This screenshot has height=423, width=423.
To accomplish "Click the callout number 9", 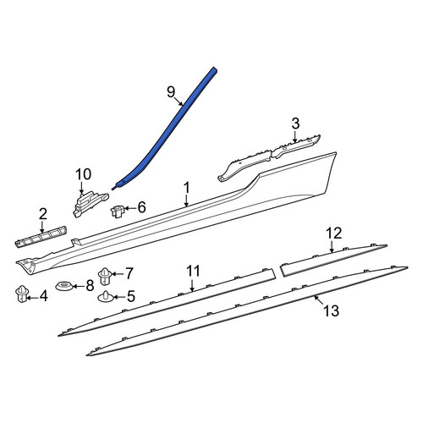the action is [171, 92].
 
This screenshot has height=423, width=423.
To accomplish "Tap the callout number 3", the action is [295, 124].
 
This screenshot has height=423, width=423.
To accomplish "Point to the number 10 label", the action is [84, 174].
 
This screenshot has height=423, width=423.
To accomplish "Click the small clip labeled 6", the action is [118, 211].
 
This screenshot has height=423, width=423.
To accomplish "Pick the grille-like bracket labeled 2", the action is [41, 237].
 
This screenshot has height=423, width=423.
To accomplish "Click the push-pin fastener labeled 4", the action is [22, 294].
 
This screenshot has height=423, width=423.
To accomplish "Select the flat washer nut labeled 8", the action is [64, 286].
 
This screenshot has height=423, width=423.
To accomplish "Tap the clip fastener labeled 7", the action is [105, 276].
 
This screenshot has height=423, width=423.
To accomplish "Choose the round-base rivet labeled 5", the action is [106, 297].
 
